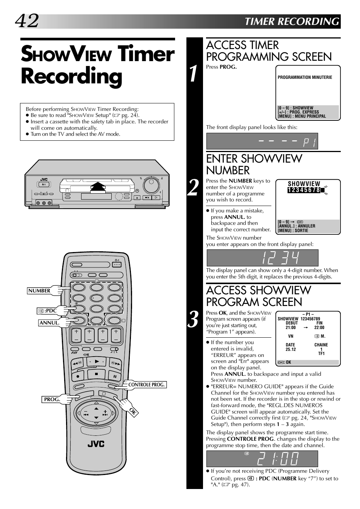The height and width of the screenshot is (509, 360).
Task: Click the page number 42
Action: (x=27, y=21)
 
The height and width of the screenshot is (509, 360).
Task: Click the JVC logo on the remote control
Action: (x=96, y=444)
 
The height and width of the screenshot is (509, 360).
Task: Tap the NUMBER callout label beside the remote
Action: (x=39, y=291)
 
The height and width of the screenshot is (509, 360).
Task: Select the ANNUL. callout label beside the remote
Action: (x=49, y=323)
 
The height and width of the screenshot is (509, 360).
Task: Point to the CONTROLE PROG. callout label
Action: (x=146, y=385)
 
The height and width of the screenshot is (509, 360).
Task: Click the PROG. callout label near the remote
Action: (x=52, y=400)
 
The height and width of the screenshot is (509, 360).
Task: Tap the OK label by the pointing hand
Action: (x=133, y=412)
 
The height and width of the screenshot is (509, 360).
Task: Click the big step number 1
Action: (x=194, y=74)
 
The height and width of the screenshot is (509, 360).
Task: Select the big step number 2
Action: (x=193, y=188)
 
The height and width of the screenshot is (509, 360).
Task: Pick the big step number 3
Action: (x=194, y=319)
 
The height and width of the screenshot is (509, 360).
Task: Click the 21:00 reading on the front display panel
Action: (x=278, y=458)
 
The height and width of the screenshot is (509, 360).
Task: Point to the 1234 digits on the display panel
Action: (x=280, y=258)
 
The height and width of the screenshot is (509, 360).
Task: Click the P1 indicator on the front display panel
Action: (x=309, y=142)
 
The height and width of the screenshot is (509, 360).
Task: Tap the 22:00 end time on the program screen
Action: (x=319, y=328)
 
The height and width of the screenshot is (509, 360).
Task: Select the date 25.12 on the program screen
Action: (x=291, y=349)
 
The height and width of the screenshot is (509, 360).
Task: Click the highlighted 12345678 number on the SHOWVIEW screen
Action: (x=304, y=190)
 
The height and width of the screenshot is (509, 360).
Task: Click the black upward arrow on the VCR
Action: (x=98, y=187)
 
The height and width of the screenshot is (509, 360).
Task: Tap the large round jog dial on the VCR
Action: (x=151, y=185)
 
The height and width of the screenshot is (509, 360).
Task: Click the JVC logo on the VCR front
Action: (x=44, y=180)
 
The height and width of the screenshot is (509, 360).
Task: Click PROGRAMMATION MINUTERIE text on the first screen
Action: (x=305, y=77)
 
